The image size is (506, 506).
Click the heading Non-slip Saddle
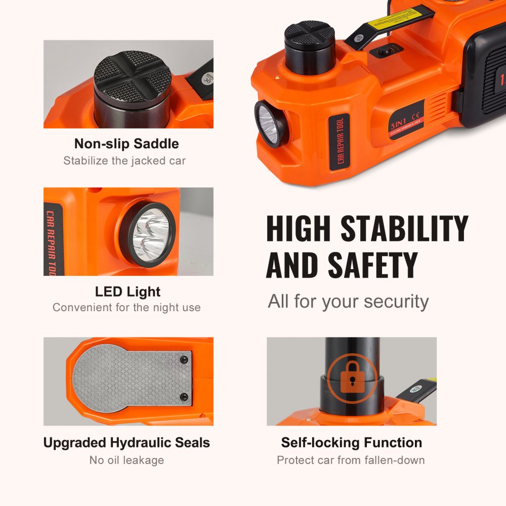tap(126, 144)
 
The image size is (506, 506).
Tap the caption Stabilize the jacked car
tap(124, 161)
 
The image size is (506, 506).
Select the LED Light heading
tap(128, 291)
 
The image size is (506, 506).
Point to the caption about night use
tap(126, 307)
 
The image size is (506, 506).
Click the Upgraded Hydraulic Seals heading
tap(126, 443)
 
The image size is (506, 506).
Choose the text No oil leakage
tap(126, 460)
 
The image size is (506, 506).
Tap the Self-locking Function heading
tap(352, 443)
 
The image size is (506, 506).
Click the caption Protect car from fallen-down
tap(351, 460)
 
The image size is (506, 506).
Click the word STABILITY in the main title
tap(404, 228)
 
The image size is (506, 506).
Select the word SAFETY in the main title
tap(372, 265)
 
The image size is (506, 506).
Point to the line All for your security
tap(348, 301)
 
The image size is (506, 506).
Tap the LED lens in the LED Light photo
tap(150, 234)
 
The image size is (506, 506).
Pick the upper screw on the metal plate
tap(185, 359)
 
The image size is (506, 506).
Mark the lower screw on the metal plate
tap(185, 396)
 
